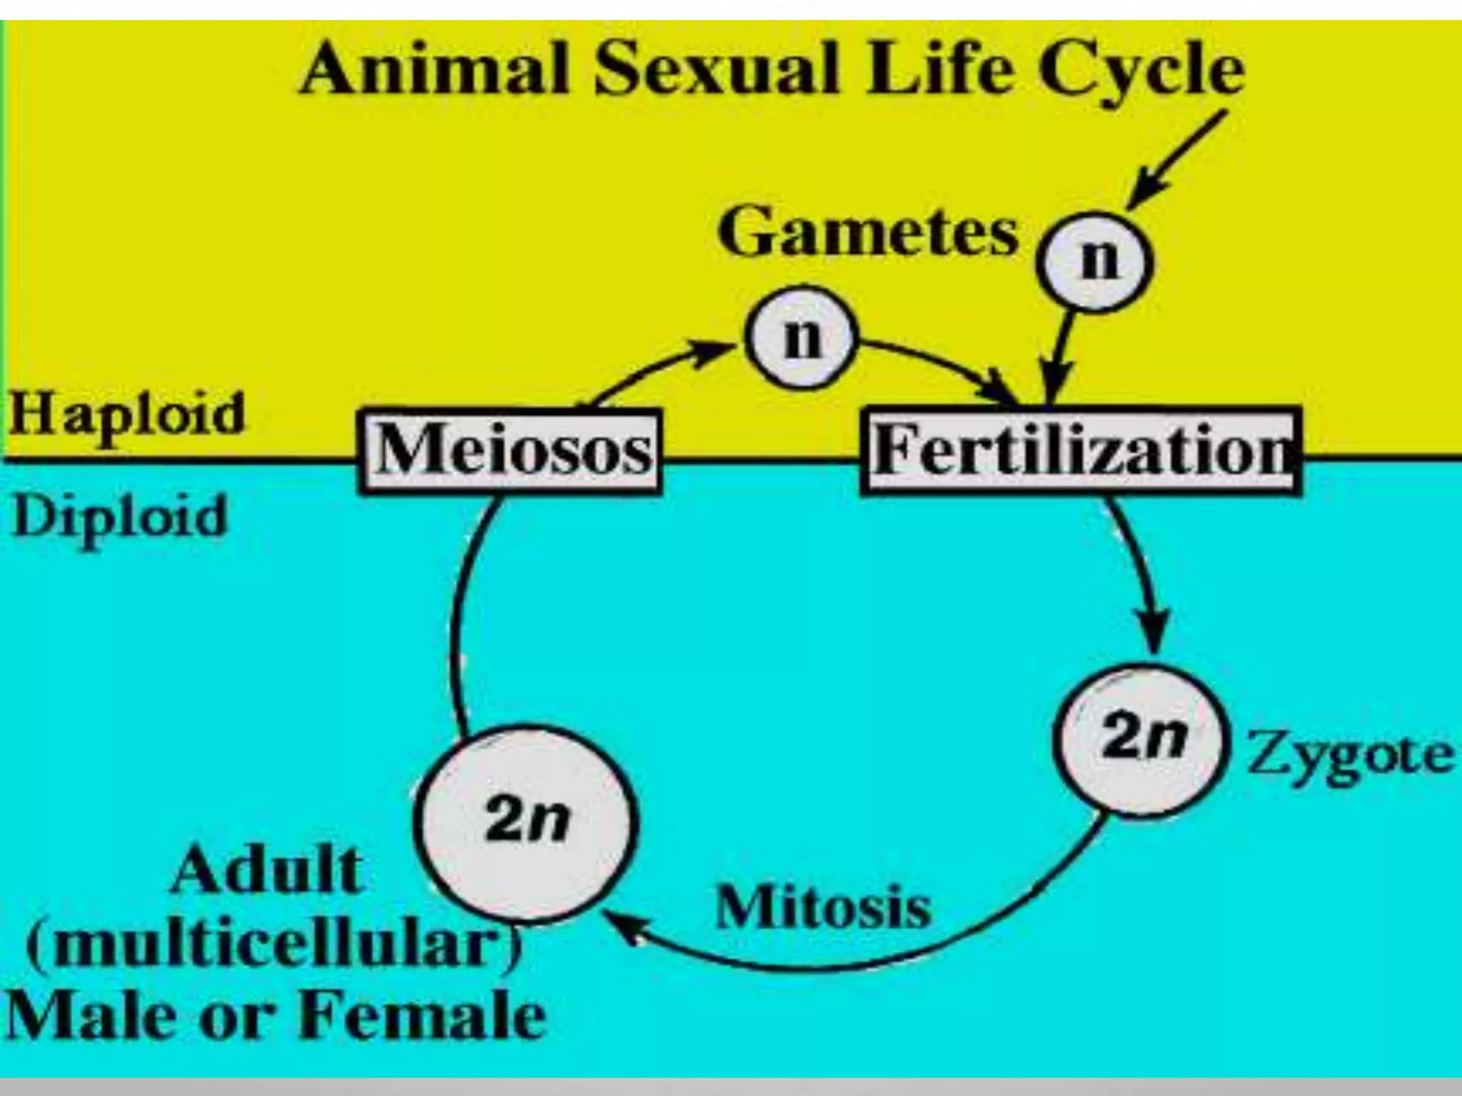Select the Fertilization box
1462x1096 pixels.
click(1081, 451)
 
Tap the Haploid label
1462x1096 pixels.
click(127, 415)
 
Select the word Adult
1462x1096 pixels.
click(268, 872)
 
